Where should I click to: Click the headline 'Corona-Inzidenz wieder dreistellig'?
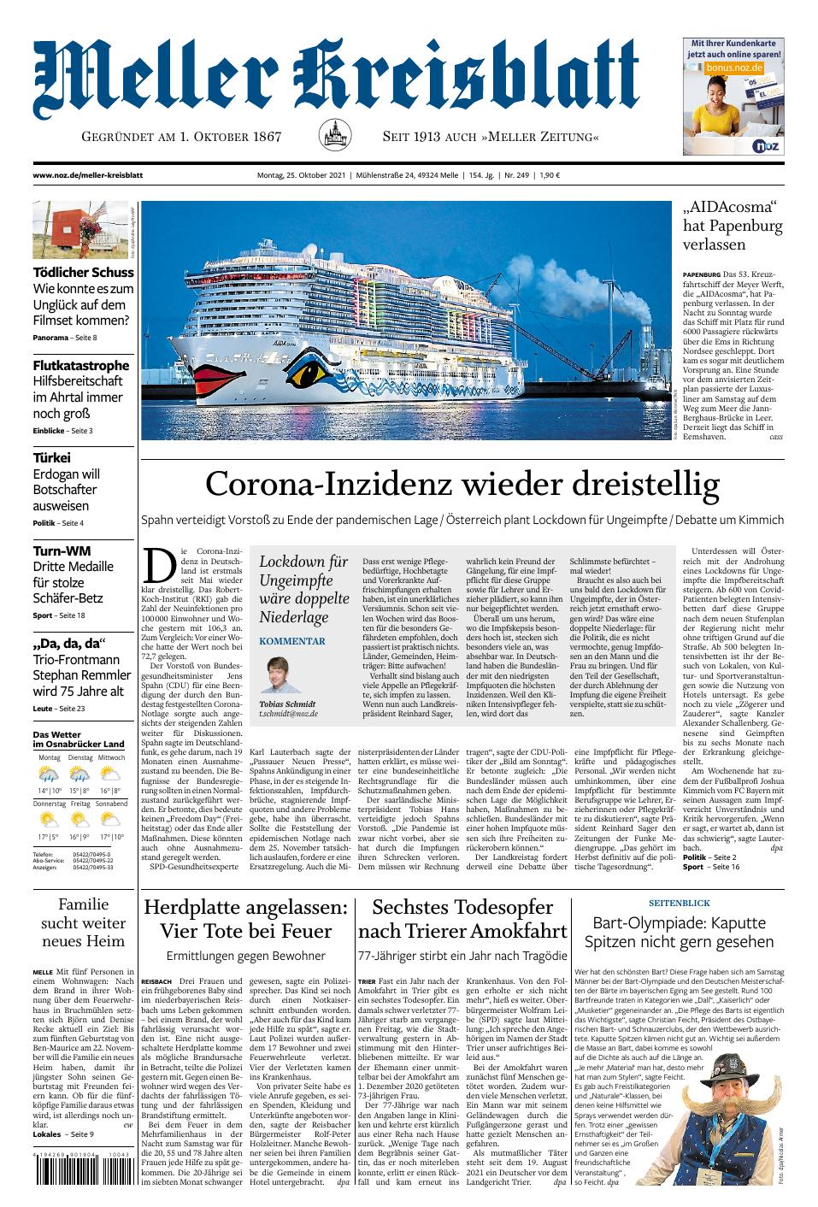click(x=462, y=485)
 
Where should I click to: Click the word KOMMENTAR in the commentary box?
click(x=291, y=640)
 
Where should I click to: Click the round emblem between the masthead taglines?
click(x=332, y=136)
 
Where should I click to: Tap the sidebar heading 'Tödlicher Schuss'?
click(x=83, y=272)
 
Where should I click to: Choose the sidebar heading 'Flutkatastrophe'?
click(x=81, y=365)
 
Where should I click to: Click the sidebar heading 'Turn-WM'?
click(x=62, y=551)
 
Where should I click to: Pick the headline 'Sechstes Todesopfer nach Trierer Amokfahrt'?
click(x=462, y=918)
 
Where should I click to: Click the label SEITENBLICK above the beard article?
click(x=679, y=902)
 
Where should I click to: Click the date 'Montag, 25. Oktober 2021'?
click(x=301, y=175)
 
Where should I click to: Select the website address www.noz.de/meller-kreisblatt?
click(x=87, y=175)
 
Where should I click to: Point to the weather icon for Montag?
click(x=49, y=774)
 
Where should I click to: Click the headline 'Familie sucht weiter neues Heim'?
click(x=83, y=922)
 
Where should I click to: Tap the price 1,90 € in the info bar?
click(x=550, y=175)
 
